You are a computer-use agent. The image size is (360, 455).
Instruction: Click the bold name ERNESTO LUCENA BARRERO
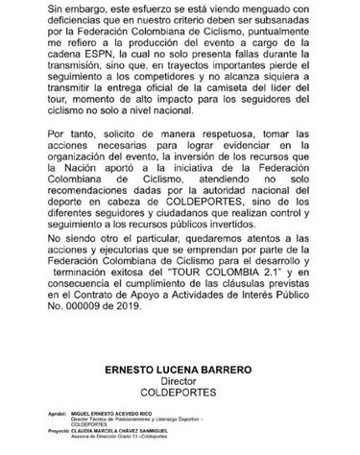pyautogui.click(x=180, y=395)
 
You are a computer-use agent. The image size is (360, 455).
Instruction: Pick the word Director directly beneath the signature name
pyautogui.click(x=180, y=408)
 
